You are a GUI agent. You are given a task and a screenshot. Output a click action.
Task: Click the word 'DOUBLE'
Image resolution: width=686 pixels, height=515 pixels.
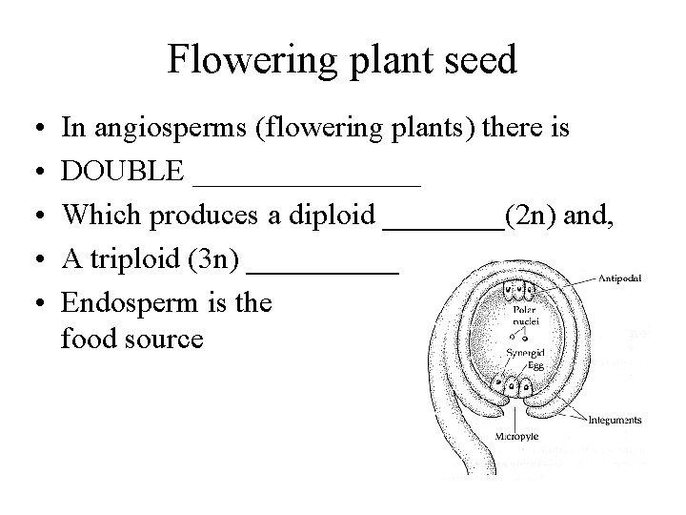tap(122, 172)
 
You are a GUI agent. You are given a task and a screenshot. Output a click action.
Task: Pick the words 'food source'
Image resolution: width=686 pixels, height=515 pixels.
tap(131, 339)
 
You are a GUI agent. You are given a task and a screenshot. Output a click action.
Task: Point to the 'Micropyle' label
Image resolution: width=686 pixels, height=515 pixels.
tap(518, 437)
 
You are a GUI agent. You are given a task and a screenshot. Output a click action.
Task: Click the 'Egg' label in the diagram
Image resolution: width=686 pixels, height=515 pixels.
tap(525, 365)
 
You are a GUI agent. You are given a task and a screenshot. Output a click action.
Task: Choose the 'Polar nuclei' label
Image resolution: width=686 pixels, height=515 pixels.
tap(527, 316)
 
